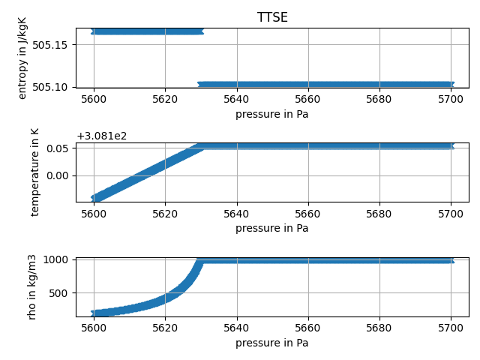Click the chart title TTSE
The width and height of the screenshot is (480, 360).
pyautogui.click(x=272, y=18)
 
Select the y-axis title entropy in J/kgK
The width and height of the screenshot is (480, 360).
pyautogui.click(x=22, y=58)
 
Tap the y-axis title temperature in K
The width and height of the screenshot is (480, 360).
pyautogui.click(x=34, y=172)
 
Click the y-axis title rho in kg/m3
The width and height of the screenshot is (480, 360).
pyautogui.click(x=31, y=286)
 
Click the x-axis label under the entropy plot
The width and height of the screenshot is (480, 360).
pyautogui.click(x=271, y=115)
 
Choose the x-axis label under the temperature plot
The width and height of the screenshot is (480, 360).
pyautogui.click(x=271, y=229)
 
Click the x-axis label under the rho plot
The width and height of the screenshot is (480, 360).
pyautogui.click(x=271, y=343)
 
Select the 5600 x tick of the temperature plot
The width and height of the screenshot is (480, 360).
pyautogui.click(x=93, y=214)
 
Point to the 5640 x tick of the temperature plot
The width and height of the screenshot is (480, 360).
pyautogui.click(x=236, y=214)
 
